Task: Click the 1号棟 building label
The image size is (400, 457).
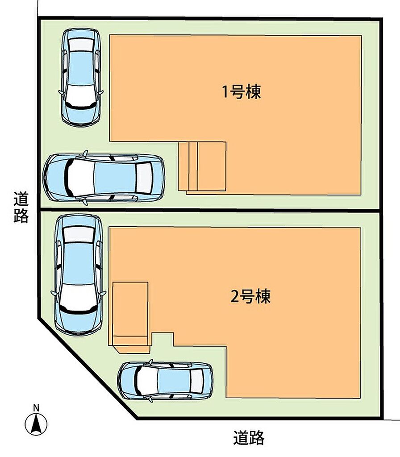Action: (242, 91)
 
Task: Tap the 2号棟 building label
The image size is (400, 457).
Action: (250, 296)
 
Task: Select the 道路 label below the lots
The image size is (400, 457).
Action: (249, 438)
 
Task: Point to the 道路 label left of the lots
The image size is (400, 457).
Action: (21, 207)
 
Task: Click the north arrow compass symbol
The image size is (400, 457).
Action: (36, 424)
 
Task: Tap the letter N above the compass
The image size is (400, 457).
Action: (36, 408)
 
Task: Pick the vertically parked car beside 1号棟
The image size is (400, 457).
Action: (81, 77)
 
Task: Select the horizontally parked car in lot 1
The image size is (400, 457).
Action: (104, 178)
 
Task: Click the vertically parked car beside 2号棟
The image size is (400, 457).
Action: (79, 275)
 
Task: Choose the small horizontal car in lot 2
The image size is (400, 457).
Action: (165, 381)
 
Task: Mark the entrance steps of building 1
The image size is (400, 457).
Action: (202, 167)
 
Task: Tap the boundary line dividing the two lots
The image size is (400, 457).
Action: (210, 210)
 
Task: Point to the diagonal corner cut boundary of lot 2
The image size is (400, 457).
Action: (87, 369)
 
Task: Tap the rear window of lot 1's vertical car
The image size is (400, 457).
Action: (81, 45)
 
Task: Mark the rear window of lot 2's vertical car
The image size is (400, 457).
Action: (79, 234)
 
